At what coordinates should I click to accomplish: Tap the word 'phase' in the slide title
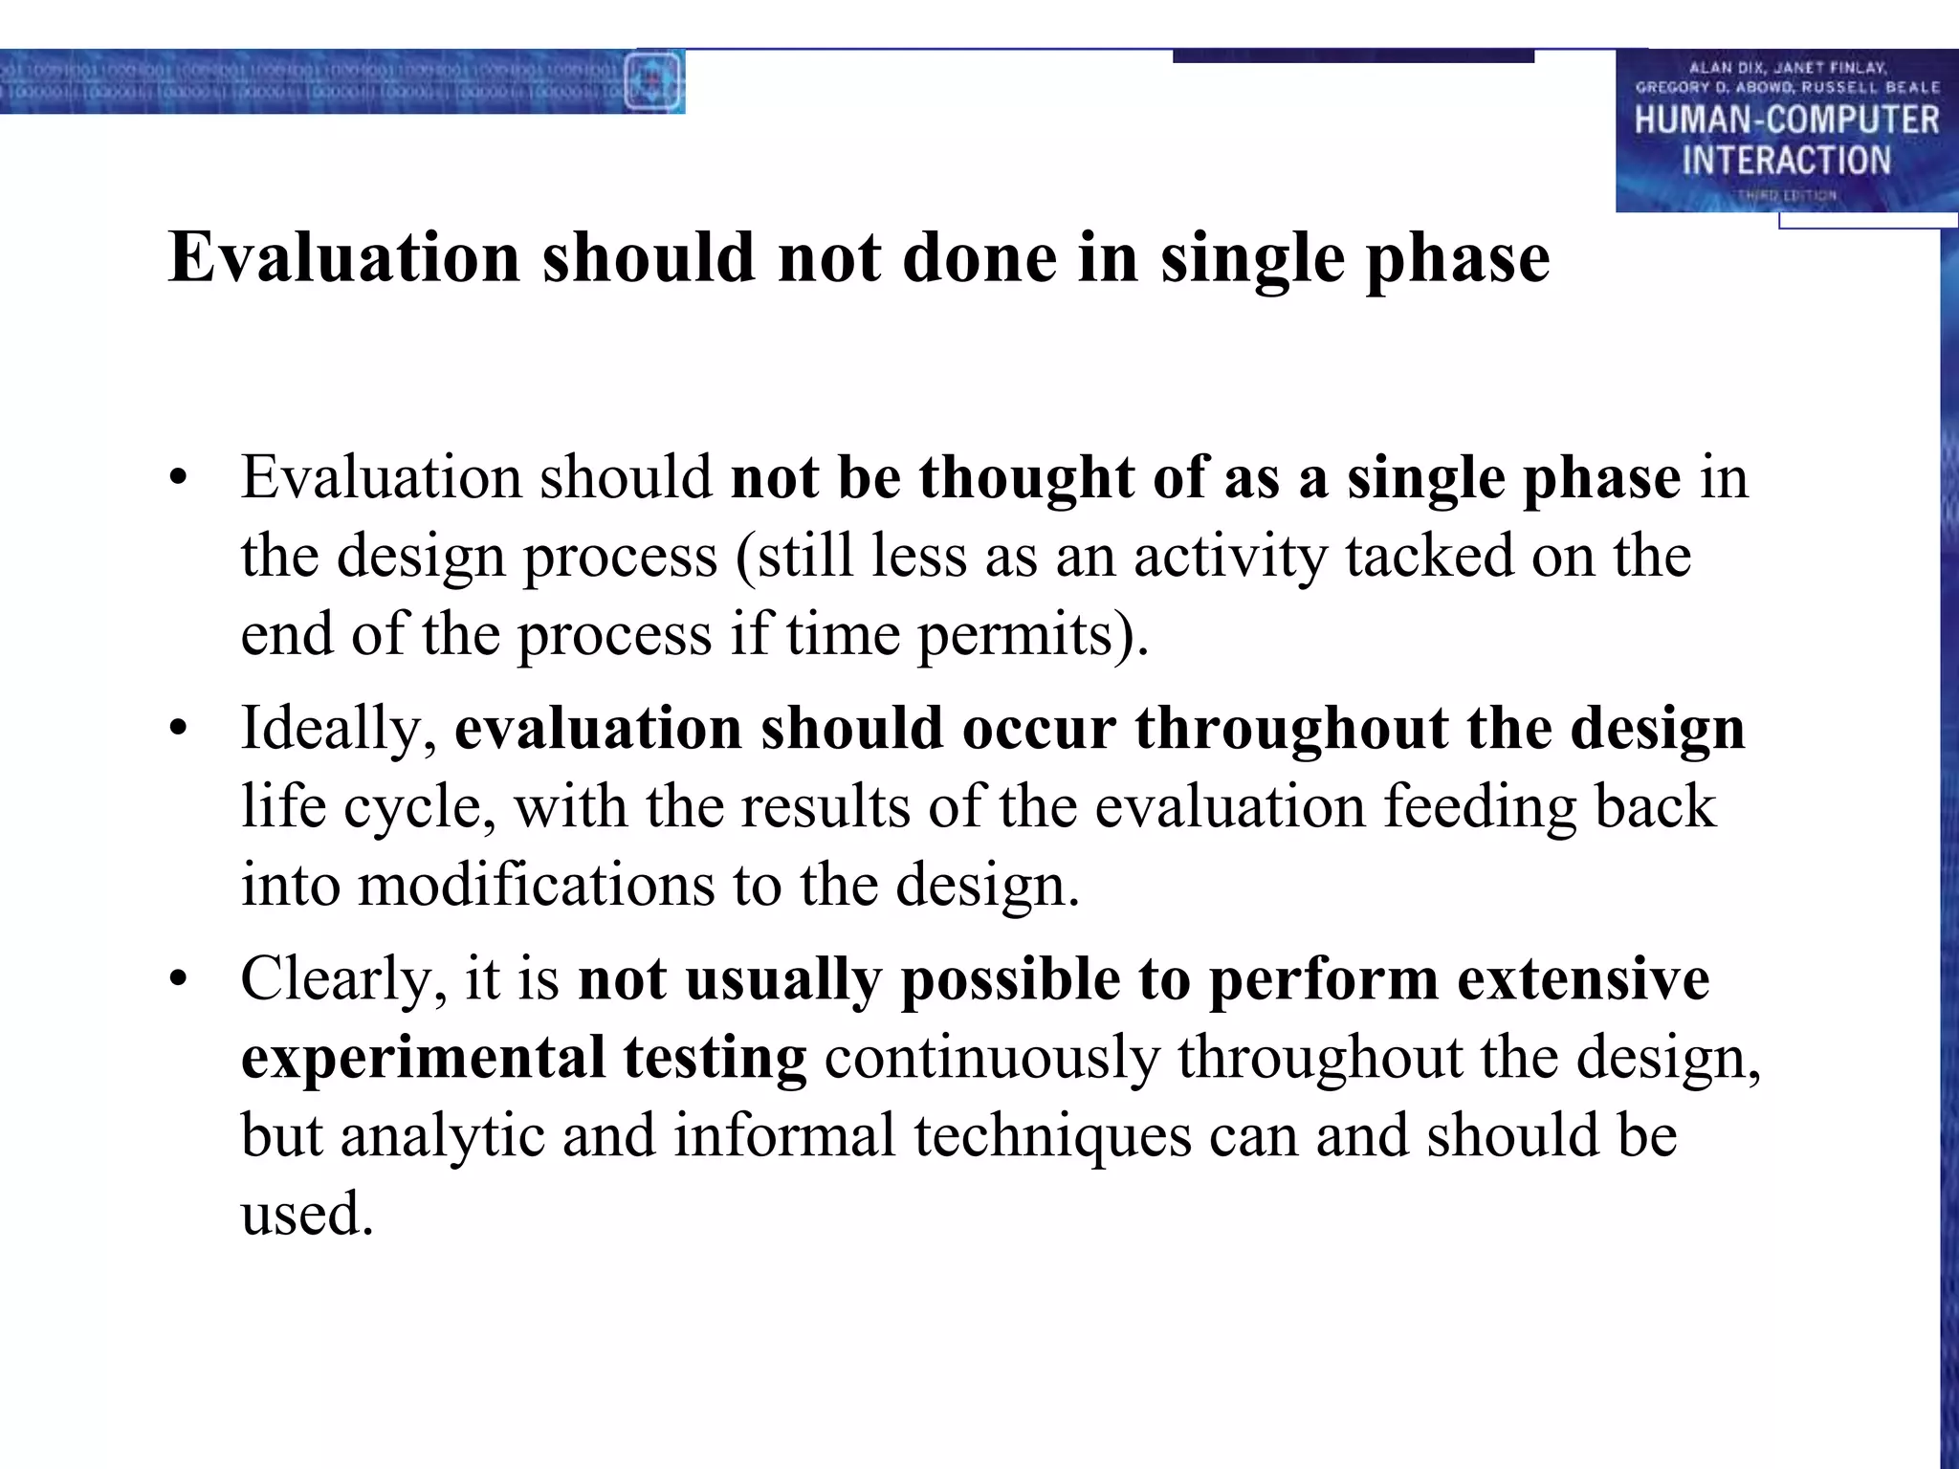click(1458, 260)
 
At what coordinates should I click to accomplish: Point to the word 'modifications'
click(536, 886)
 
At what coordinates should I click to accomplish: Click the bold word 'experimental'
click(423, 1060)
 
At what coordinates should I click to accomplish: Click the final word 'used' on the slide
click(306, 1215)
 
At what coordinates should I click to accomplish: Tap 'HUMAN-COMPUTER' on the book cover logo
click(1786, 121)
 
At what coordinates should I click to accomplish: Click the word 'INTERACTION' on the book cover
click(1786, 161)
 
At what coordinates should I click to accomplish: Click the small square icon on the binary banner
click(653, 81)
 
